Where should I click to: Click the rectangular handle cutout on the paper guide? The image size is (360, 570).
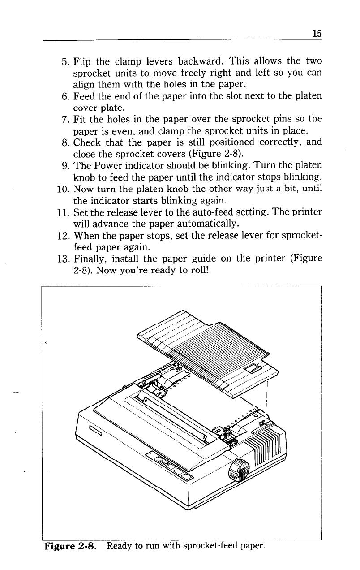tap(253, 369)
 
